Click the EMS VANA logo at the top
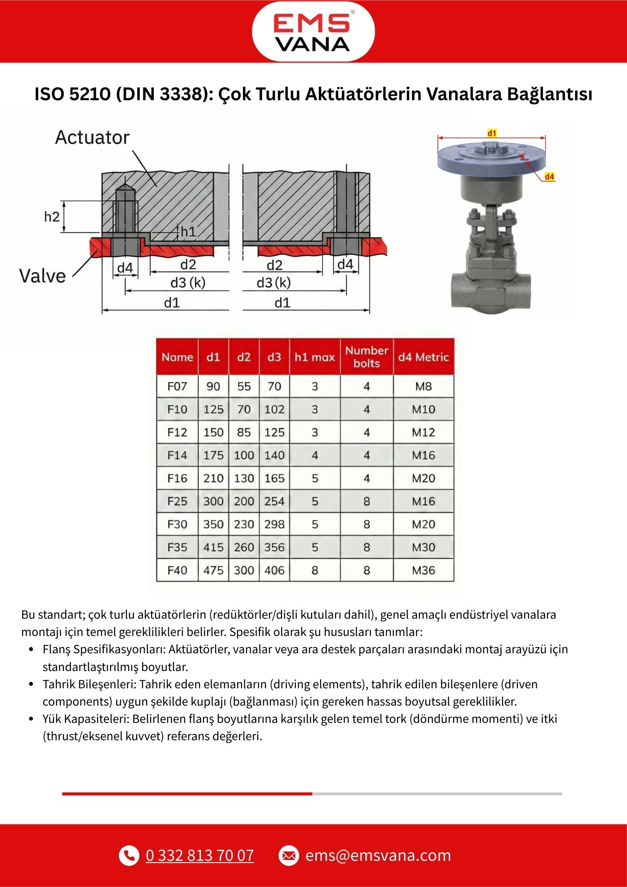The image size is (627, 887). (x=313, y=32)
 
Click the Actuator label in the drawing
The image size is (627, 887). (x=92, y=137)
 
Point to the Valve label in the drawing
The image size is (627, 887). (x=43, y=276)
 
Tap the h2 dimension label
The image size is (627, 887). (x=51, y=217)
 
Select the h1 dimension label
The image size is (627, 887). (x=188, y=231)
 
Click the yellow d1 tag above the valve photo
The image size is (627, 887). (x=492, y=133)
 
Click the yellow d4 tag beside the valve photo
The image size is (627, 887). (x=549, y=177)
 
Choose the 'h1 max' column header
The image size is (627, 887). (x=314, y=357)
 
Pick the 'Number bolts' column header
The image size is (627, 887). (x=367, y=357)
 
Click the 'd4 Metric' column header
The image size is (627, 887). (x=423, y=357)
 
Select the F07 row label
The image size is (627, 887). (x=177, y=386)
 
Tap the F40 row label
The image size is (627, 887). (x=177, y=570)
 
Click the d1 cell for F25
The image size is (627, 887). (x=213, y=501)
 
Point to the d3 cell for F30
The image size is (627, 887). (x=274, y=524)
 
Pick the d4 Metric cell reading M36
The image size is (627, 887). (x=423, y=570)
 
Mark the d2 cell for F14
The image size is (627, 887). (x=244, y=455)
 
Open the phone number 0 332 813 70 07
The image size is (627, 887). (x=200, y=855)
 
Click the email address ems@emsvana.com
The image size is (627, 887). (x=378, y=855)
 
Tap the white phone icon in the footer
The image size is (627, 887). (x=129, y=855)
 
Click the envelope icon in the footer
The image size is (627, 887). (x=289, y=855)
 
